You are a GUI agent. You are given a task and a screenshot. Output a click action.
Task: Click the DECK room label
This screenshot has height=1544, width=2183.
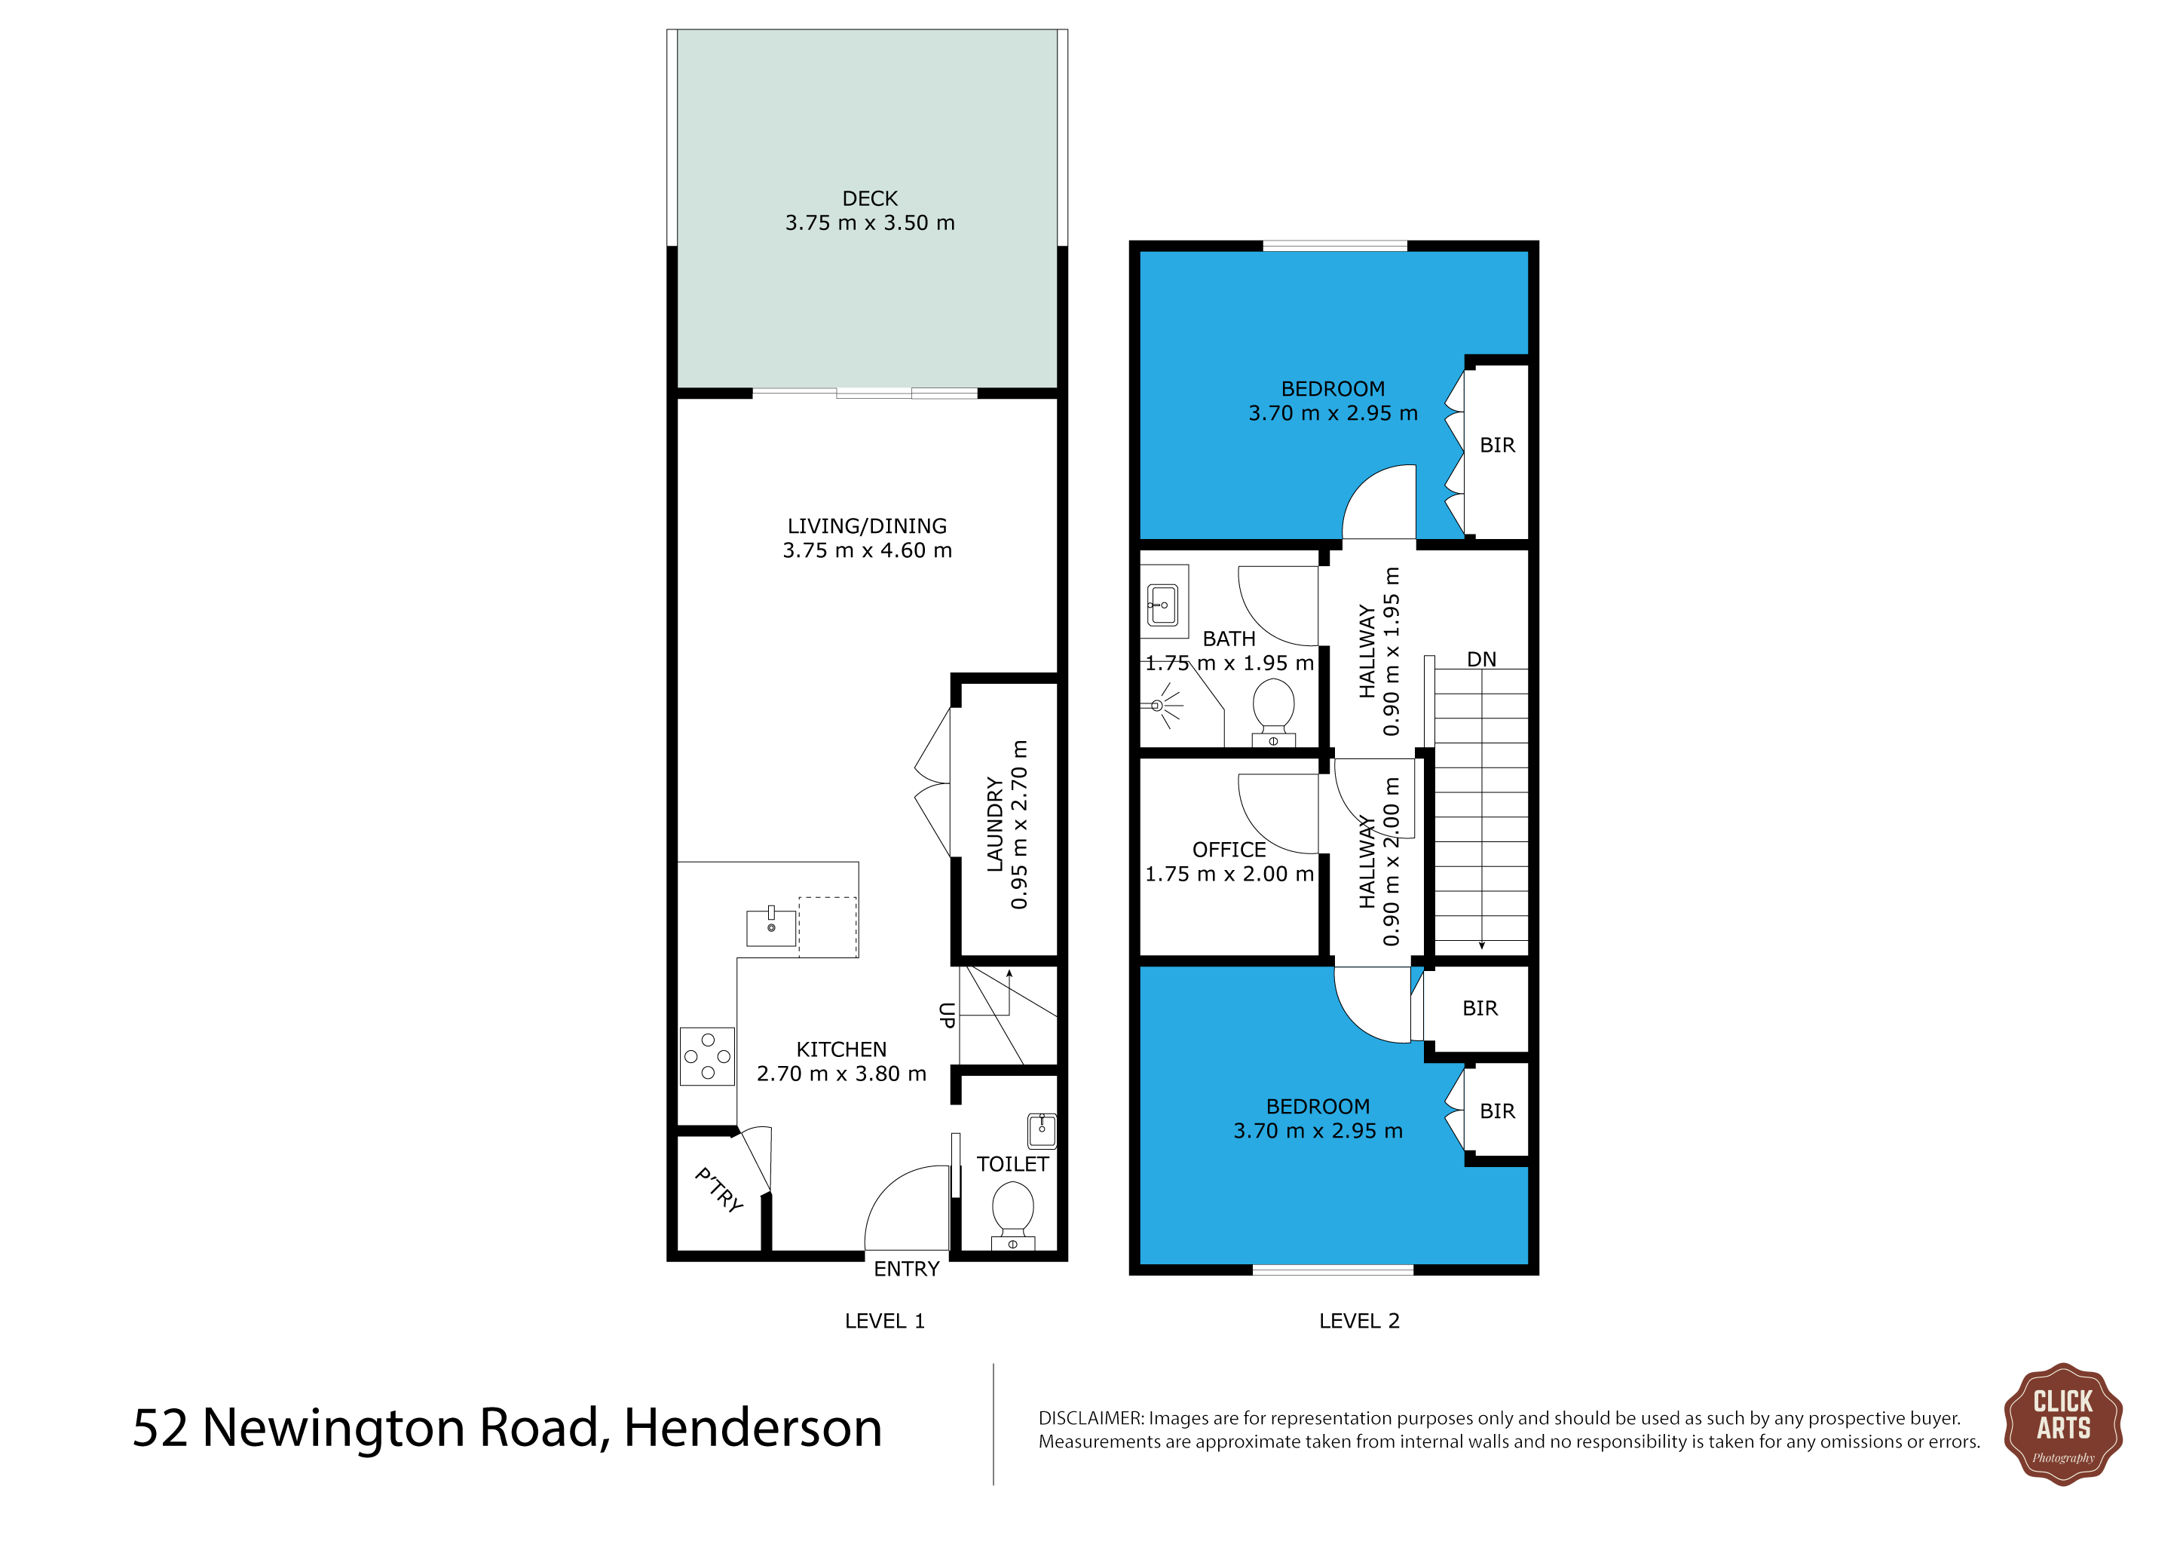[x=870, y=199]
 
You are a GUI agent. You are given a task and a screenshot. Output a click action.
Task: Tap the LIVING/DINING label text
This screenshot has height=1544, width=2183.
[x=867, y=525]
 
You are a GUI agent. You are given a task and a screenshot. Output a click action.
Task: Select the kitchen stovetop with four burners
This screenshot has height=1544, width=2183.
[x=707, y=1056]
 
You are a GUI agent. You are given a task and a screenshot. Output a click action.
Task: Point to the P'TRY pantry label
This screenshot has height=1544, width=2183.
[x=719, y=1190]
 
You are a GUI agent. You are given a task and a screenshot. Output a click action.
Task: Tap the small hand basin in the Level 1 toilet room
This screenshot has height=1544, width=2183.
[x=1042, y=1130]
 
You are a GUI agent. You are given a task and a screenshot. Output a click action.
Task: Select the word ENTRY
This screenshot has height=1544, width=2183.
[x=906, y=1270]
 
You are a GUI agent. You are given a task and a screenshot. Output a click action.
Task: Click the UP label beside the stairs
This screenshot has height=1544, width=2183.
[x=947, y=1016]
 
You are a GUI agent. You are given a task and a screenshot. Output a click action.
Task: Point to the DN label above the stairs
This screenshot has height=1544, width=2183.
[x=1481, y=659]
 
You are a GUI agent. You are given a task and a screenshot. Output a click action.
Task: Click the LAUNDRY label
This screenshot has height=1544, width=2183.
[x=994, y=824]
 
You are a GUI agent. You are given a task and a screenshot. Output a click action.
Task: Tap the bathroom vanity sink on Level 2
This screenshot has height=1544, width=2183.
[x=1163, y=605]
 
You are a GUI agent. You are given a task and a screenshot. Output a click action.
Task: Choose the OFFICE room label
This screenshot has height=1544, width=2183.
[x=1229, y=850]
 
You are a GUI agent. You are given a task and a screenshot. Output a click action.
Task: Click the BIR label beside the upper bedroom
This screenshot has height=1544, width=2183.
[x=1498, y=445]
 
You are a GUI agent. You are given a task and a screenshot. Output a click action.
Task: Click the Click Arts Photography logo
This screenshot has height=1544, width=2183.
[x=2062, y=1424]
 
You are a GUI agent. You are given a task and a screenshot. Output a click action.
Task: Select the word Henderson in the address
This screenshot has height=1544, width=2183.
[x=753, y=1428]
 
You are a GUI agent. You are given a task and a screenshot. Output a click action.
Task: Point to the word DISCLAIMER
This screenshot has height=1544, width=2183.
[x=1091, y=1419]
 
